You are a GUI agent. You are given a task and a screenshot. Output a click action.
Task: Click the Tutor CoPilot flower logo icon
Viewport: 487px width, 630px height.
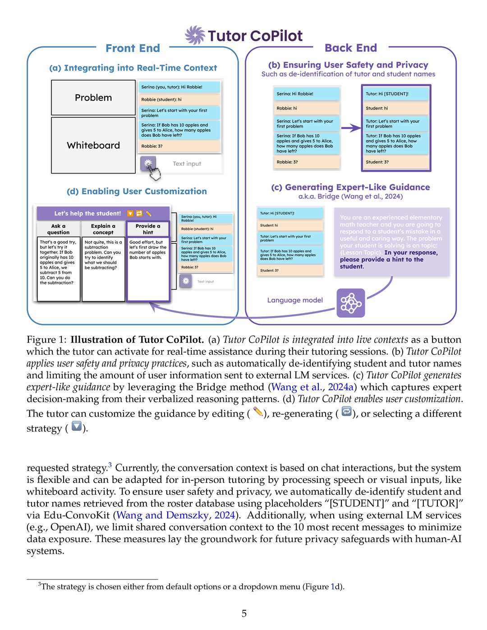click(x=195, y=35)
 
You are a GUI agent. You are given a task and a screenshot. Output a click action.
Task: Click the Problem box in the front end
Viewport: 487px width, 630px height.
click(x=93, y=98)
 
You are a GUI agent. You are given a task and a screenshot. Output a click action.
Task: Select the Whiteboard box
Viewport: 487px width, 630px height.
click(x=93, y=145)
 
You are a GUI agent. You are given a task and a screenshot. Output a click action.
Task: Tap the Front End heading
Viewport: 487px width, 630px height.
click(x=133, y=48)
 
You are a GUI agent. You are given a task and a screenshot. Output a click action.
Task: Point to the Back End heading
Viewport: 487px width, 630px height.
click(x=350, y=48)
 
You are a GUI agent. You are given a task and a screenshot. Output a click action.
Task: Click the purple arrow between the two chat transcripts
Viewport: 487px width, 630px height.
click(x=350, y=128)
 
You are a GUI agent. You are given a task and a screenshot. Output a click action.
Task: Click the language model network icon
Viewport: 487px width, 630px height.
click(x=351, y=303)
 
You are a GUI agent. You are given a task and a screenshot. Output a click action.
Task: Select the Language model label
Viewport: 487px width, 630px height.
click(x=295, y=300)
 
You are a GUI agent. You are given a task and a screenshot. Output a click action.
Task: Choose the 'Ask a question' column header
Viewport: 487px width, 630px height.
click(x=59, y=229)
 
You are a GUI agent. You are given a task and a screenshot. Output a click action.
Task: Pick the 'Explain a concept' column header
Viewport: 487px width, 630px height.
click(x=103, y=229)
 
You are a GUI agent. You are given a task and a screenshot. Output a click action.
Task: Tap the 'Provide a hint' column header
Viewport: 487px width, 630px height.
click(x=148, y=229)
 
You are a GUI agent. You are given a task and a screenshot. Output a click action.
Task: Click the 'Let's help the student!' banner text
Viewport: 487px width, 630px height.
click(x=87, y=214)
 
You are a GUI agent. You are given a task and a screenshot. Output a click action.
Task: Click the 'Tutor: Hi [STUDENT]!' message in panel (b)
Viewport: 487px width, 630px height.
click(x=395, y=94)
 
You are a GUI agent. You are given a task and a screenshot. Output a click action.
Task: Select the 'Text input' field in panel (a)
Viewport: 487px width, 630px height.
click(x=187, y=164)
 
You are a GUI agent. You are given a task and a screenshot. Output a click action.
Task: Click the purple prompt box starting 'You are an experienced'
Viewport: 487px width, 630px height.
click(x=391, y=242)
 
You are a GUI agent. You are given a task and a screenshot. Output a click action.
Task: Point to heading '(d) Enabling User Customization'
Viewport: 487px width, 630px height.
click(x=137, y=192)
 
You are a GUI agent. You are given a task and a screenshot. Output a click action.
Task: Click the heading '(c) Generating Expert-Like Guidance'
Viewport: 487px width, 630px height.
click(x=350, y=187)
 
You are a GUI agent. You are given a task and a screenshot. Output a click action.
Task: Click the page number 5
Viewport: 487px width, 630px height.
click(x=244, y=613)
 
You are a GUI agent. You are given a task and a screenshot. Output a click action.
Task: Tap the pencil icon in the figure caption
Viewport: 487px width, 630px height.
click(x=257, y=412)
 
